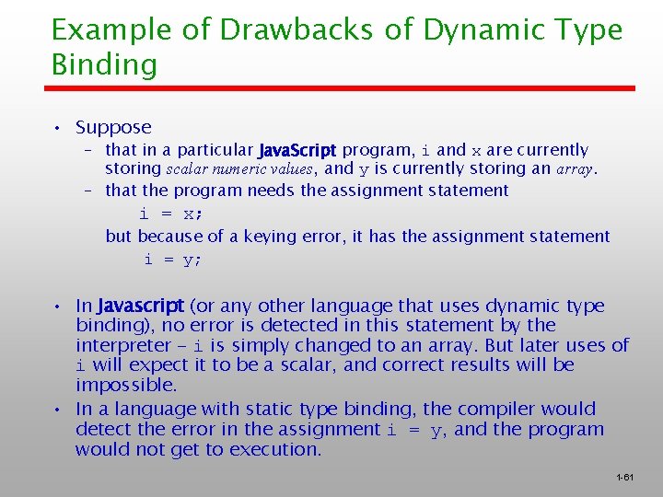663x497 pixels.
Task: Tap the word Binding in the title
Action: point(104,65)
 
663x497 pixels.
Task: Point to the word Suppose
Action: point(113,128)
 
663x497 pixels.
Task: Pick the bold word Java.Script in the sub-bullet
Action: point(298,150)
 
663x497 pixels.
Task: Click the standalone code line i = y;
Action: point(172,260)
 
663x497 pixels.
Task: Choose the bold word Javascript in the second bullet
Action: point(141,306)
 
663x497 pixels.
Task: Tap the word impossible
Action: point(126,385)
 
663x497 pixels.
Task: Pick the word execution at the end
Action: point(277,449)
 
